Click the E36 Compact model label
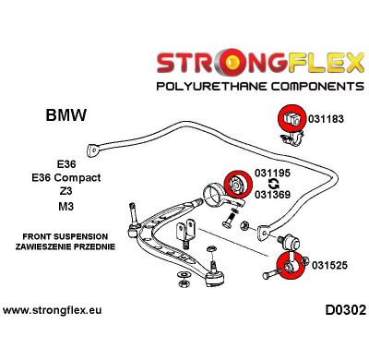point(66,177)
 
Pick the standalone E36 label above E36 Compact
point(66,162)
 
